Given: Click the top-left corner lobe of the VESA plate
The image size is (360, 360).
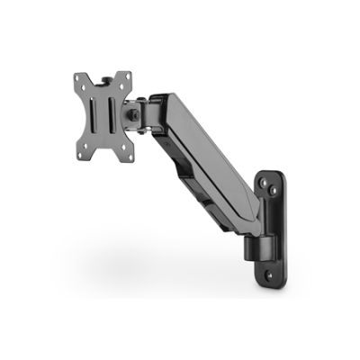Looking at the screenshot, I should tap(75, 80).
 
